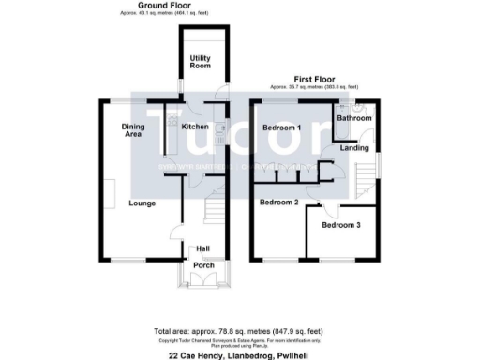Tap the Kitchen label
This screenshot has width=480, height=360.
(x=195, y=127)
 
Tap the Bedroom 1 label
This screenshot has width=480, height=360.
(x=280, y=127)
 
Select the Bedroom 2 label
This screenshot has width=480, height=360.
(x=278, y=202)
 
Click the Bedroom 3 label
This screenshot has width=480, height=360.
(x=340, y=225)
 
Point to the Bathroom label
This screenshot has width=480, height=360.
(x=355, y=119)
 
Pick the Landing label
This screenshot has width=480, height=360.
(x=354, y=148)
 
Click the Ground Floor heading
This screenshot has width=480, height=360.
(x=160, y=6)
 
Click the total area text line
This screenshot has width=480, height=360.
(x=239, y=331)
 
